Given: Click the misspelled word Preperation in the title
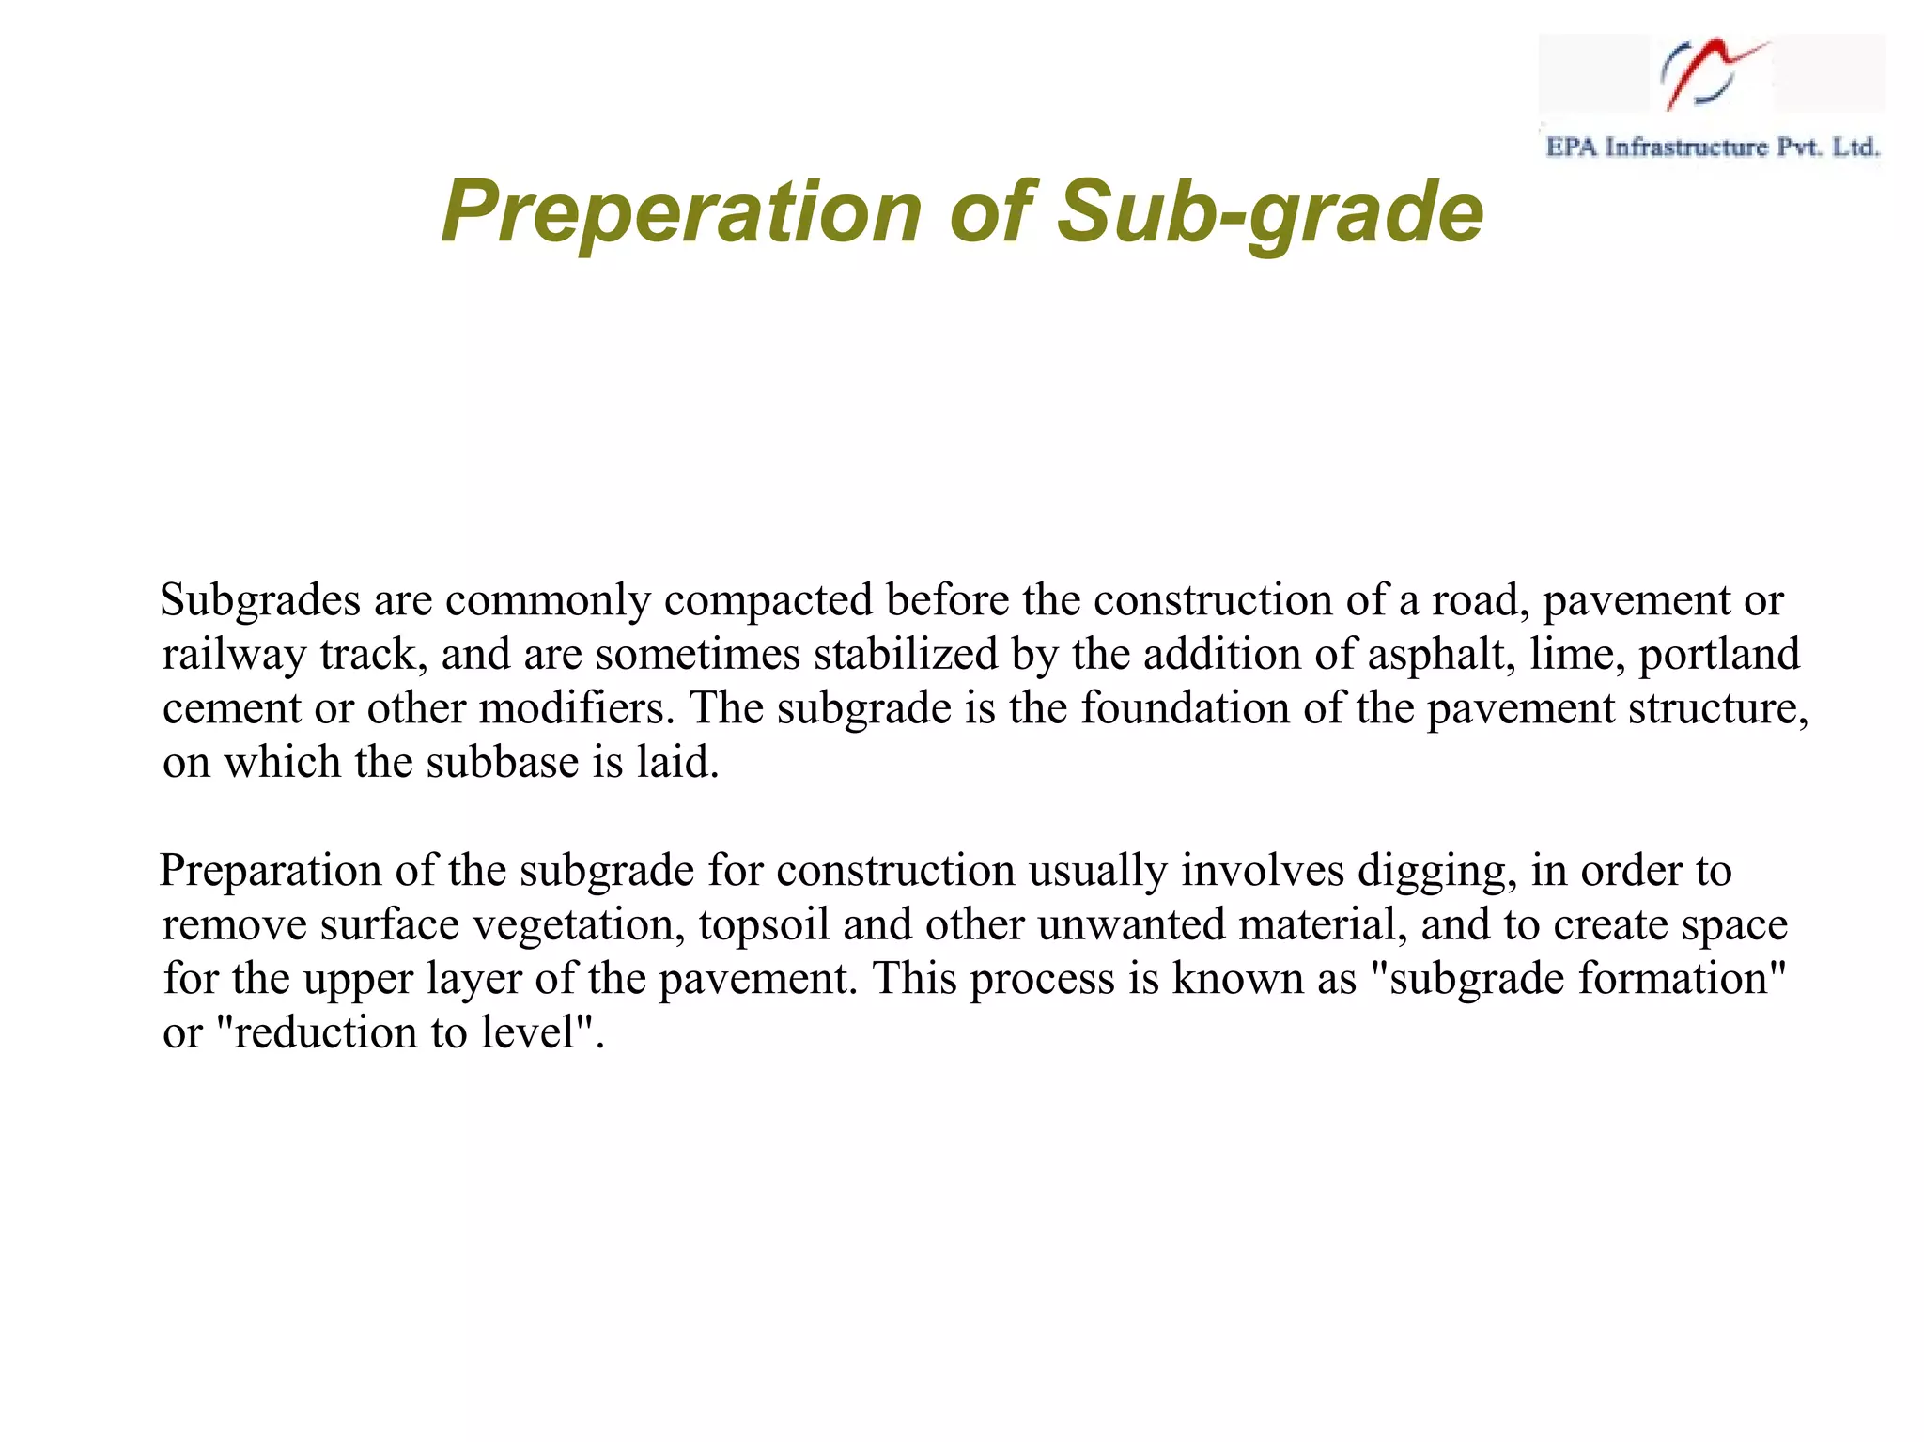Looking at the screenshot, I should click(680, 212).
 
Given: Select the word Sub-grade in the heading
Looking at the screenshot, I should click(1269, 212).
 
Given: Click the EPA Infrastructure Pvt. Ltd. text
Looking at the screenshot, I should click(1712, 147).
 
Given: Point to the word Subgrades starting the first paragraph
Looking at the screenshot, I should click(260, 600).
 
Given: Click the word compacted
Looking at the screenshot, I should click(768, 600).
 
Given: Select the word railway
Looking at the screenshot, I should click(234, 654).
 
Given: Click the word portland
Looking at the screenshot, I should click(1719, 654).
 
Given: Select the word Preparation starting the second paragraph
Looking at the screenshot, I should click(271, 871).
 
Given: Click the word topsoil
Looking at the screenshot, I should click(764, 925).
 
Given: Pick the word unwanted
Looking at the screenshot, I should click(1132, 925).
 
